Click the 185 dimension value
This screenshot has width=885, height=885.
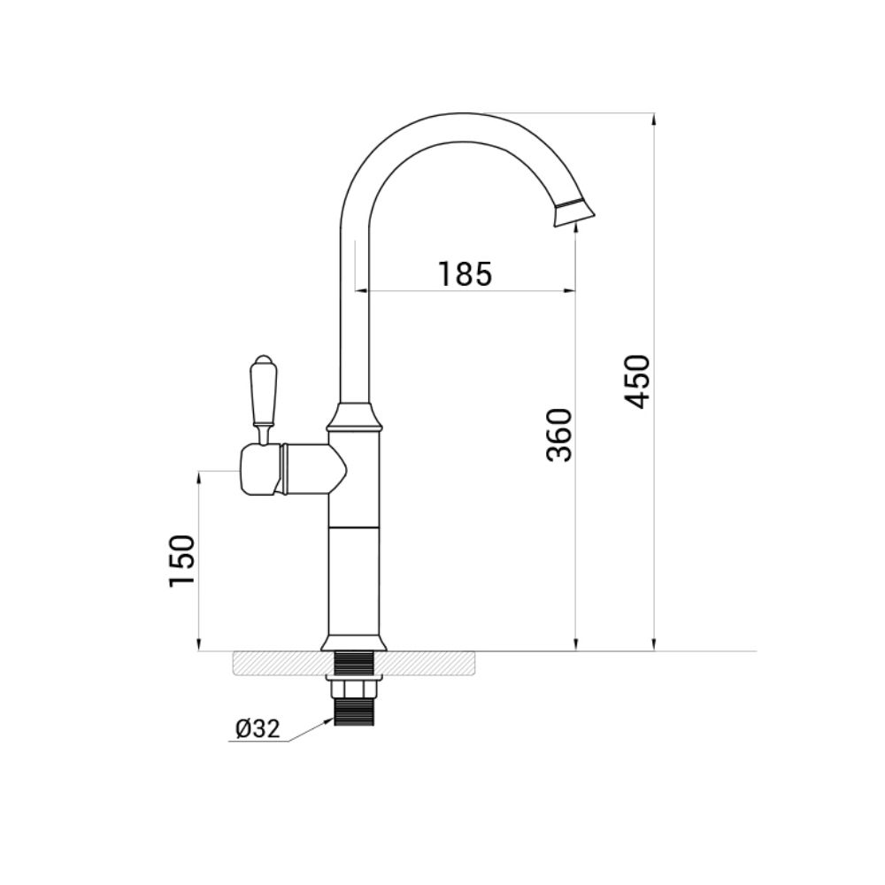tap(466, 273)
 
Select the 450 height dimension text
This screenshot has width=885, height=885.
tap(637, 381)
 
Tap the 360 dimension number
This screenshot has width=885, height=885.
tap(559, 435)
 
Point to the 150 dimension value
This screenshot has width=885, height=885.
tap(181, 560)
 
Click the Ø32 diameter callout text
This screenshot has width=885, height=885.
tap(258, 729)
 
